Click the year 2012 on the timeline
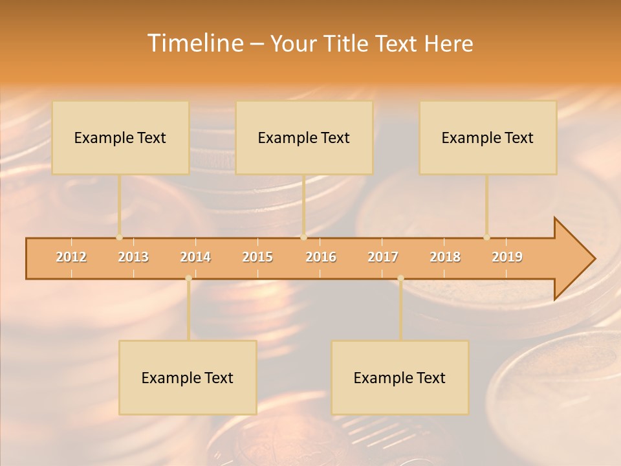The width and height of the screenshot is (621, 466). [x=71, y=258]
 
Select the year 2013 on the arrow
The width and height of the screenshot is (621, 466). [x=133, y=258]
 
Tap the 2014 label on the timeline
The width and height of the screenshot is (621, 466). [x=195, y=258]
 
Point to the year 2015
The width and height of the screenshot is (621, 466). [x=257, y=258]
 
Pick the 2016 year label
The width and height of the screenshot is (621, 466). [x=321, y=258]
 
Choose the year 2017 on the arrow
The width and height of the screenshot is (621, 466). [x=383, y=258]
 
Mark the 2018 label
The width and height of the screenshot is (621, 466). [x=445, y=258]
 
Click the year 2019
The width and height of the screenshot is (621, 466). [x=507, y=258]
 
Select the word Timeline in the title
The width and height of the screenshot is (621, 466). [x=194, y=43]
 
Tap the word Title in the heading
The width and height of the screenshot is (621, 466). [x=347, y=44]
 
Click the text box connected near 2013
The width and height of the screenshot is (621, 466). [x=120, y=138]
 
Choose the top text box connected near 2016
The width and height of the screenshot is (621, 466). [x=304, y=138]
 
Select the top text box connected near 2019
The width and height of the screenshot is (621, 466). [x=488, y=138]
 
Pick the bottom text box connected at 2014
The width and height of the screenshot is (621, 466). [x=188, y=378]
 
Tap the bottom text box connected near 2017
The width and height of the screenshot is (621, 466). [x=400, y=378]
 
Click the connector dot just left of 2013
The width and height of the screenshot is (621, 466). [x=120, y=237]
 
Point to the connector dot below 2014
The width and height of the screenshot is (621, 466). [x=188, y=278]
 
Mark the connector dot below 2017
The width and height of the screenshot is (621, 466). [x=400, y=278]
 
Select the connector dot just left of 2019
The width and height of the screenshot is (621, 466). [x=487, y=237]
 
